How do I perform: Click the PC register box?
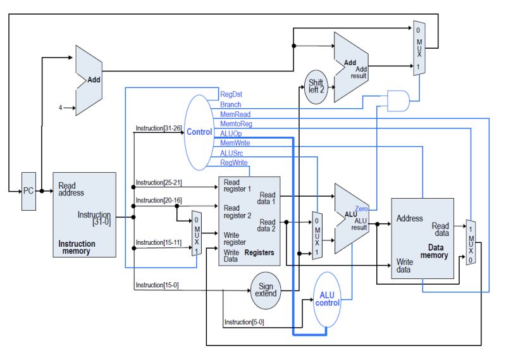[x=28, y=190]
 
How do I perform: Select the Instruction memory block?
[x=84, y=214]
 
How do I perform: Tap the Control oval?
[x=199, y=132]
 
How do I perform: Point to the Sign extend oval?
[x=266, y=291]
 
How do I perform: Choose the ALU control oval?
[x=327, y=299]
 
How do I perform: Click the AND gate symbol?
[x=397, y=98]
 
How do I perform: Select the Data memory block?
[x=423, y=238]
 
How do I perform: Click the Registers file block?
[x=249, y=221]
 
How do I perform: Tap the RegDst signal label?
[x=231, y=94]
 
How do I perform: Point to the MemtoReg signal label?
[x=235, y=124]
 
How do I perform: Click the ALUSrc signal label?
[x=231, y=153]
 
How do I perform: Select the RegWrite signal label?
[x=233, y=163]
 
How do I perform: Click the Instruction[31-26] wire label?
[x=158, y=128]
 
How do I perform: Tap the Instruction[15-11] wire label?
[x=158, y=242]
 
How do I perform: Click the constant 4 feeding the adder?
[x=61, y=108]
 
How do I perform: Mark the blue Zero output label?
[x=362, y=208]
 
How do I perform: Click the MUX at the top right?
[x=418, y=48]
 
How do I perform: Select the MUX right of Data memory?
[x=470, y=242]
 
